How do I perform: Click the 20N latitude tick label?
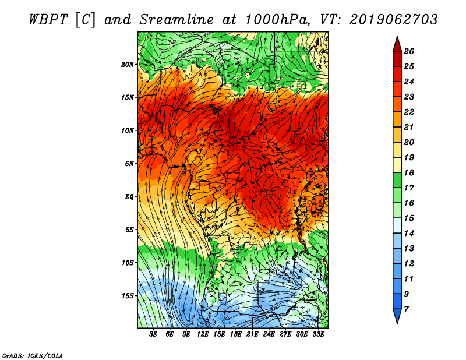[128, 65]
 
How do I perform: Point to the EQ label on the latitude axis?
[129, 197]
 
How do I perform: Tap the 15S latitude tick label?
[128, 296]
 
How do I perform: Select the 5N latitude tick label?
[129, 164]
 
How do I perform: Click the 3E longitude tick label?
[153, 334]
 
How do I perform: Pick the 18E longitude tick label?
[236, 334]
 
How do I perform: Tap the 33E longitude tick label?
[318, 334]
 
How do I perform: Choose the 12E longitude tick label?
[203, 334]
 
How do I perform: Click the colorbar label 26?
[409, 51]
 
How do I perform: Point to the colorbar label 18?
[409, 172]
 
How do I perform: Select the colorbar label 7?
[406, 309]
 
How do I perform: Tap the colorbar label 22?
[409, 112]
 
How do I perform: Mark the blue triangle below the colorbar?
[397, 316]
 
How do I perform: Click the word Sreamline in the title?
[176, 20]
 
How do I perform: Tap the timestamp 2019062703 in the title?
[394, 20]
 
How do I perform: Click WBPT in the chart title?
[49, 20]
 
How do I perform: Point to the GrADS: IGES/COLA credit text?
[33, 356]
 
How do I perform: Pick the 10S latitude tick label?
[128, 263]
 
